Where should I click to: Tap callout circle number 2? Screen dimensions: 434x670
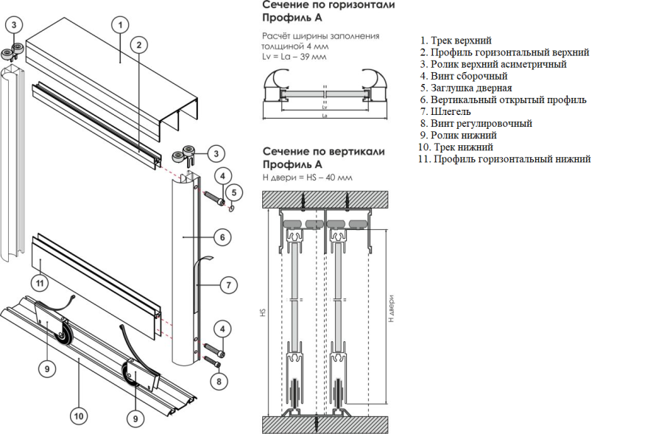pos(137,44)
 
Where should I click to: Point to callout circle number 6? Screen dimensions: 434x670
pos(222,237)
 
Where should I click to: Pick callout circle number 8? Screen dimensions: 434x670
pos(219,381)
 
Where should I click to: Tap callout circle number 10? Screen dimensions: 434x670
pos(78,416)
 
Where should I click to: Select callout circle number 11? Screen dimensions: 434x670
pos(40,281)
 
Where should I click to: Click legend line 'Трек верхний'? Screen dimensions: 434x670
pos(456,41)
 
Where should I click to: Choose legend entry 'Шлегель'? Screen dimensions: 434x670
pos(446,111)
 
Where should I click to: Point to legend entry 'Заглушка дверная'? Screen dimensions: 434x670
pos(466,88)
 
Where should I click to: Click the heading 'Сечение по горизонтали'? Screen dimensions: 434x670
pos(328,5)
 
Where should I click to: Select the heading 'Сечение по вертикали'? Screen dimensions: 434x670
pos(324,151)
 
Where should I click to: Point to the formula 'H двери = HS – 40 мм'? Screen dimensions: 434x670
pos(308,178)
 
